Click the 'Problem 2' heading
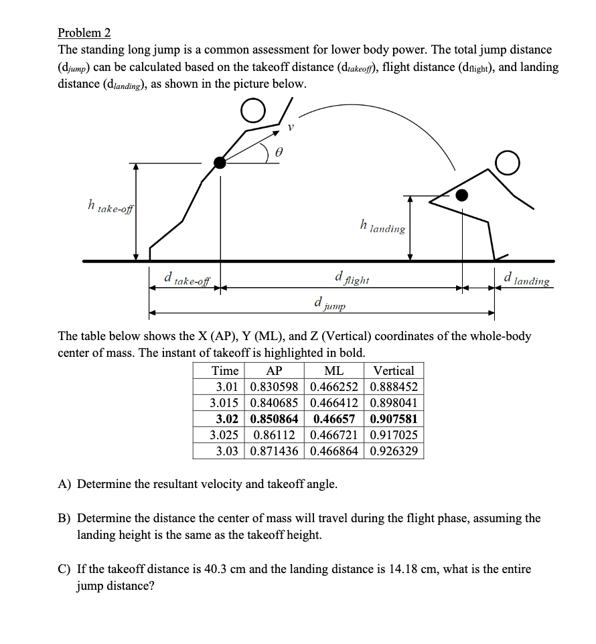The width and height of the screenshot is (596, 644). point(84,33)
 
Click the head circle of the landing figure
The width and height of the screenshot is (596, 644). point(508,161)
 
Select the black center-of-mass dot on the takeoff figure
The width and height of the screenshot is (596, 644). point(220,162)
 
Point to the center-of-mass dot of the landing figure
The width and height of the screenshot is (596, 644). point(462,195)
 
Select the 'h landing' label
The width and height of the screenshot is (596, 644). point(382,226)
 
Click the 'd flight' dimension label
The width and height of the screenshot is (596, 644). point(352,278)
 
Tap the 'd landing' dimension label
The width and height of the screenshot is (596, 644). point(527,278)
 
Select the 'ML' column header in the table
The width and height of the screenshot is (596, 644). point(333,371)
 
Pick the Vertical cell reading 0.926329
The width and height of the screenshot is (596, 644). point(394,451)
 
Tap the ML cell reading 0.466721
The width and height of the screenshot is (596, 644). point(333,435)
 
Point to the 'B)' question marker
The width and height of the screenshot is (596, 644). point(64,518)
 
